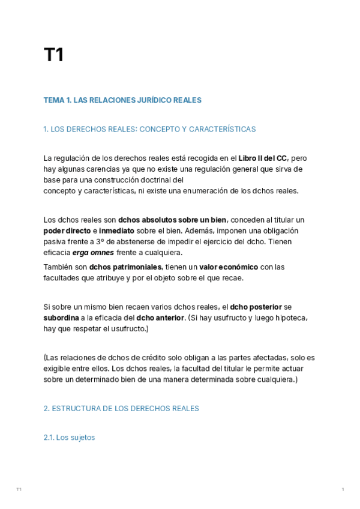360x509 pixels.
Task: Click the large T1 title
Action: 53,55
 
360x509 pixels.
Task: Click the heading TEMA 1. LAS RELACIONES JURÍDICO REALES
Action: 122,100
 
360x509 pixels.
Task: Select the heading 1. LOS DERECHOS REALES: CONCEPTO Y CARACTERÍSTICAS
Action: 149,129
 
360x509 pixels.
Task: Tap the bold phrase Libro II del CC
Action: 262,158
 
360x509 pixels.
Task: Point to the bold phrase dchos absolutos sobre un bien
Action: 172,220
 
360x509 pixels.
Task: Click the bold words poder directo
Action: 67,230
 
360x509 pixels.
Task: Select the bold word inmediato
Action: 116,230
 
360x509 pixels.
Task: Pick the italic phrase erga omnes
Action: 93,253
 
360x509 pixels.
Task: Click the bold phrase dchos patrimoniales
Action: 125,267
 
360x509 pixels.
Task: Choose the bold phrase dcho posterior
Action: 256,306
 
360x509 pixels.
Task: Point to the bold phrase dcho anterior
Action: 160,318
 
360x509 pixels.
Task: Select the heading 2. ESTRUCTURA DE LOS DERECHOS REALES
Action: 121,408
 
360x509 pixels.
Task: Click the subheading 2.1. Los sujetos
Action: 69,438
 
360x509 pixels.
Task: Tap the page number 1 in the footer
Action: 343,490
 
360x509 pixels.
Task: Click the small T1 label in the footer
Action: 19,490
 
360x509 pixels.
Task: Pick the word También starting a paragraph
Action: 58,267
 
